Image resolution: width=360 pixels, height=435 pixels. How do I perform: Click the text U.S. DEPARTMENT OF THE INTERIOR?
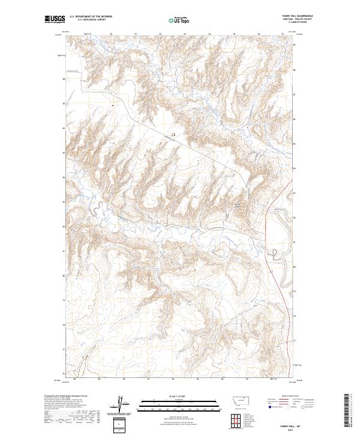(91, 16)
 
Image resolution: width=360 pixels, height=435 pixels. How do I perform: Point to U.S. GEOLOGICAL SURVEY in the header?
(91, 19)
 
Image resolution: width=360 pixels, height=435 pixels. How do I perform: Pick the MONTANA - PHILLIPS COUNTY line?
(303, 19)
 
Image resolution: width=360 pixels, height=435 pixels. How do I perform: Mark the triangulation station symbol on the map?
(173, 134)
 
